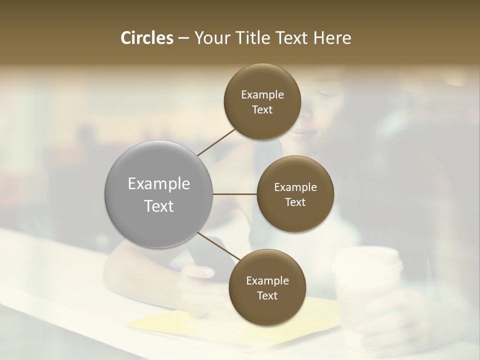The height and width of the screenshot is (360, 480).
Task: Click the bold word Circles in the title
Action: coord(147,38)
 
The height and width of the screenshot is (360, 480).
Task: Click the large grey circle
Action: coord(159,194)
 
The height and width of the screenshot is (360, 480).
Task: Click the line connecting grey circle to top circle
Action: coord(217,142)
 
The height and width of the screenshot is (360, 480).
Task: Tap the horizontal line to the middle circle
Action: coord(234,194)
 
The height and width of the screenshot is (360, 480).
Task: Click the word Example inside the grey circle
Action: coord(159,184)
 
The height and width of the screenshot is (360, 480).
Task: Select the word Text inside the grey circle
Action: coord(159,206)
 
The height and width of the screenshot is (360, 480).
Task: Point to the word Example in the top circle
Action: coord(262,95)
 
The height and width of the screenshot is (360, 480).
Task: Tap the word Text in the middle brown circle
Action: coord(295,202)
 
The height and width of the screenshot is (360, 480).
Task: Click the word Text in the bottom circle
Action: coord(267,295)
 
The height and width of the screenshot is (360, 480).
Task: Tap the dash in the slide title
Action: coord(183,38)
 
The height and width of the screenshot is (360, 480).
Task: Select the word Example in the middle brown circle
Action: coord(295,187)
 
